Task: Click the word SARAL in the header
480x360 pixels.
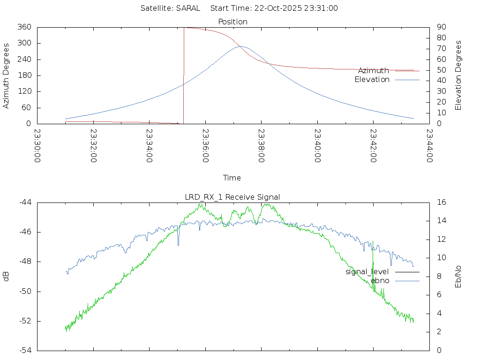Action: tap(188, 8)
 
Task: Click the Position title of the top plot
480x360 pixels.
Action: tap(233, 22)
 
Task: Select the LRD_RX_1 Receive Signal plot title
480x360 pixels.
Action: tap(232, 197)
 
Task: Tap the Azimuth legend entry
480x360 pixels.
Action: tap(374, 70)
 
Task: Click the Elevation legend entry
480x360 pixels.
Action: tap(372, 80)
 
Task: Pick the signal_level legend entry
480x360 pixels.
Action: tap(367, 271)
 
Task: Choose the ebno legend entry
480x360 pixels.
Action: tap(380, 280)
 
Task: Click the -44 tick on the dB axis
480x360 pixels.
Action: tap(25, 202)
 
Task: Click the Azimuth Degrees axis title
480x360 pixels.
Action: tap(7, 75)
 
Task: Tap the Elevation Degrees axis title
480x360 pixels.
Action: tap(458, 75)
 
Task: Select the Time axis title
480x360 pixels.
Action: tap(232, 178)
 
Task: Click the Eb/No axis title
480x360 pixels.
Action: tap(458, 276)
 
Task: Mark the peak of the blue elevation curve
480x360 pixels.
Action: tap(241, 46)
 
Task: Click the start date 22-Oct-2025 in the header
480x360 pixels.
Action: tap(281, 8)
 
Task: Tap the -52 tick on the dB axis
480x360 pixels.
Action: tap(25, 321)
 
